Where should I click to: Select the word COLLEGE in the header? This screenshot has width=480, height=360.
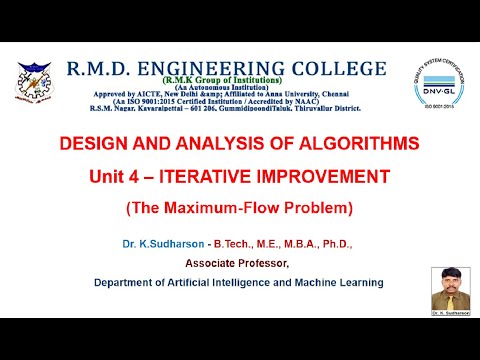[x=336, y=68]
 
